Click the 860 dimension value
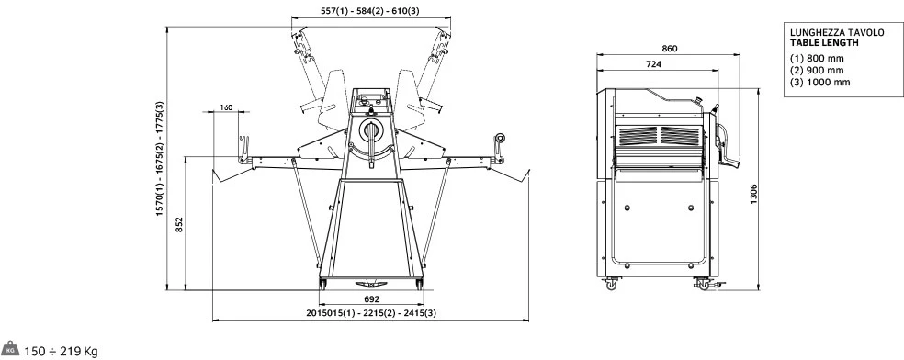(x=669, y=49)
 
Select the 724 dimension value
(x=653, y=64)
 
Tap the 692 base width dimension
(x=372, y=299)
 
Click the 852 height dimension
(x=179, y=224)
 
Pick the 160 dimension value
(x=226, y=107)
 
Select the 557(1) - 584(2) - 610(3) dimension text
(x=369, y=10)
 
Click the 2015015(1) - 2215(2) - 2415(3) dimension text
(x=371, y=313)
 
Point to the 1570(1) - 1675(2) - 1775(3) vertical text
(x=160, y=159)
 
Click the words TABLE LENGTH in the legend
(x=824, y=42)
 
